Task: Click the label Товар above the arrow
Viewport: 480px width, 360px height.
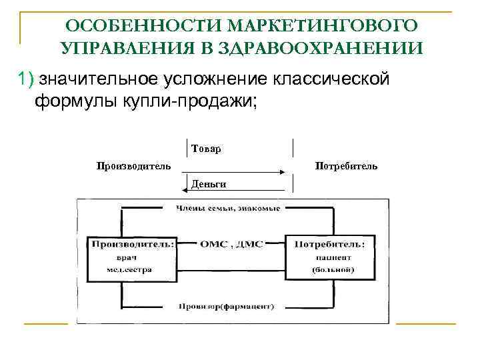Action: pos(206,149)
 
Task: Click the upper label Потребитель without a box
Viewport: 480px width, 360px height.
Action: pos(346,165)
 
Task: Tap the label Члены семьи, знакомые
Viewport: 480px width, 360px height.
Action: pos(228,209)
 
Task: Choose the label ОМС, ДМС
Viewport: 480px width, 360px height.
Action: pos(229,244)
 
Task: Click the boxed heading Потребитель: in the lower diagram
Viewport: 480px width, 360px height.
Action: pos(329,244)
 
